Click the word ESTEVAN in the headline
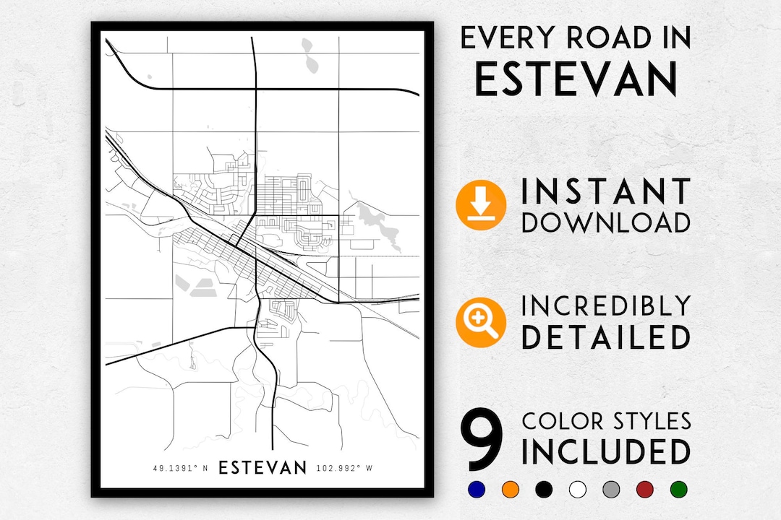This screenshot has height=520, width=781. [576, 79]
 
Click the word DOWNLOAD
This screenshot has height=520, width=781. [606, 222]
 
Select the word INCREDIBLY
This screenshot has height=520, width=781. [606, 306]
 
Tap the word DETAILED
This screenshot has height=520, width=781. [606, 337]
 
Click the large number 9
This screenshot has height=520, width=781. [482, 439]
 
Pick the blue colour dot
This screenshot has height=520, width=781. [476, 489]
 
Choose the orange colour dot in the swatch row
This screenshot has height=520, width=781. [509, 489]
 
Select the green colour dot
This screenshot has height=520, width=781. [678, 489]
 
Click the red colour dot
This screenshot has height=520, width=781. [644, 489]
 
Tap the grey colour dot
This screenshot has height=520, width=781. [610, 489]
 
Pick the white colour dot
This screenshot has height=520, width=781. [576, 489]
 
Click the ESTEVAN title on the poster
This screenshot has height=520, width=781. [263, 468]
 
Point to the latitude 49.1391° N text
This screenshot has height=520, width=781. [180, 469]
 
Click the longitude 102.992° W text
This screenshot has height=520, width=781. [344, 469]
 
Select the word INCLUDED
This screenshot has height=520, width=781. [606, 452]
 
